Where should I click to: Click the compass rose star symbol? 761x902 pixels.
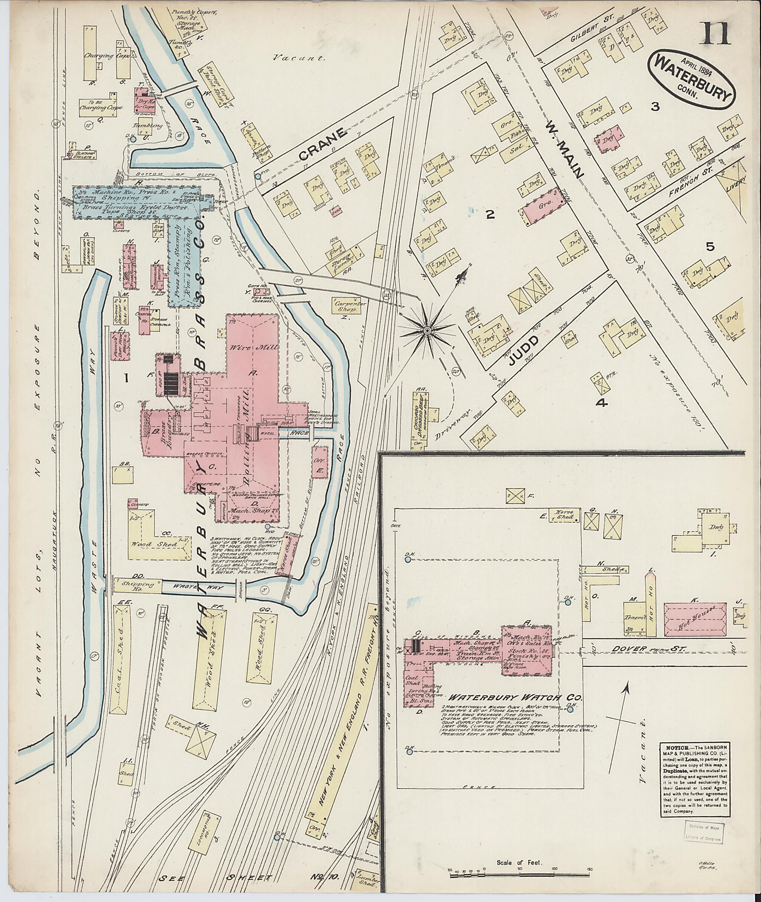pyautogui.click(x=427, y=331)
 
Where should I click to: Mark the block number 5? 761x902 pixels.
pyautogui.click(x=710, y=247)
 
